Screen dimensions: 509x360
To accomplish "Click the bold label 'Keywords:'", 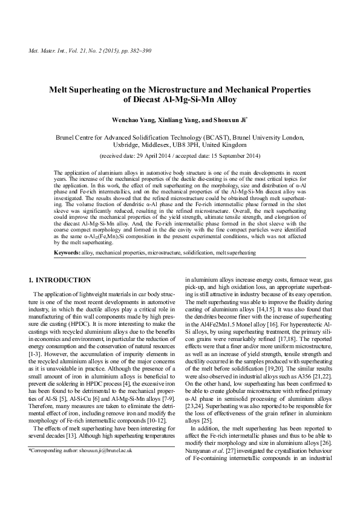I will [66, 251].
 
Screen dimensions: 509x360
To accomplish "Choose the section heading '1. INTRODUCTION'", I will [60, 280].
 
